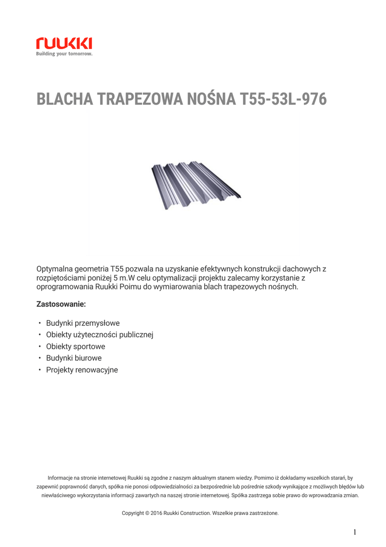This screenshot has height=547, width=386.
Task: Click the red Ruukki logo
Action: pyautogui.click(x=64, y=43)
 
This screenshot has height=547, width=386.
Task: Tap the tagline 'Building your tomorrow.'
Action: pyautogui.click(x=64, y=54)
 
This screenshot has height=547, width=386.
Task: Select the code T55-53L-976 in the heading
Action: pyautogui.click(x=284, y=100)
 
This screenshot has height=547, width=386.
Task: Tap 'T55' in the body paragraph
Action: pyautogui.click(x=117, y=269)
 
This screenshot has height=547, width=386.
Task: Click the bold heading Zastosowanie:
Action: pyautogui.click(x=61, y=304)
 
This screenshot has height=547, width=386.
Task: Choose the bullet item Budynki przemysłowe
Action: pyautogui.click(x=83, y=323)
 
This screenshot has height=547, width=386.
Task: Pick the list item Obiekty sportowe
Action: pyautogui.click(x=76, y=347)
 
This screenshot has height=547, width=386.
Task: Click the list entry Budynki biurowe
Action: pyautogui.click(x=74, y=358)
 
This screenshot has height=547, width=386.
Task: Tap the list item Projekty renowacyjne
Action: pyautogui.click(x=82, y=370)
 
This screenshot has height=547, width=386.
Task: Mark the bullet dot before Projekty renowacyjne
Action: pyautogui.click(x=39, y=370)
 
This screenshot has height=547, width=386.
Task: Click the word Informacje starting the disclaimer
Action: pyautogui.click(x=60, y=478)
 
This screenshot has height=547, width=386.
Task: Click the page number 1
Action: pyautogui.click(x=355, y=532)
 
